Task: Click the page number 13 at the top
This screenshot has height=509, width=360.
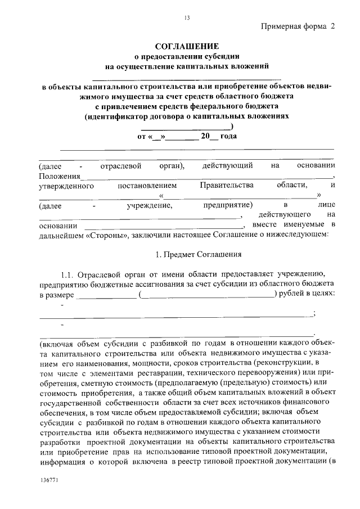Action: [187, 18]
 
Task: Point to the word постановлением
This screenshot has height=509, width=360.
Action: [147, 186]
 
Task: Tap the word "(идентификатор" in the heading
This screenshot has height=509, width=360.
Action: [115, 117]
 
